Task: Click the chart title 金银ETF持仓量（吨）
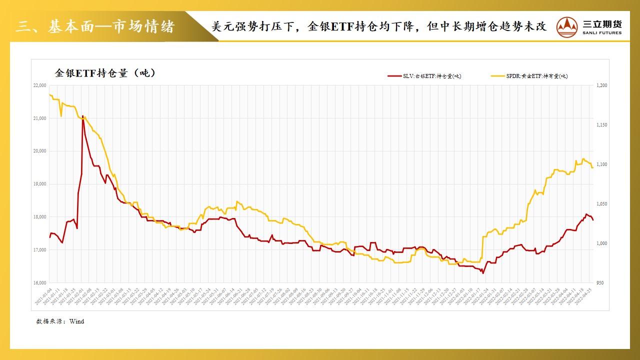(x=105, y=73)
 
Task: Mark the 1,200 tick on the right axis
(x=601, y=85)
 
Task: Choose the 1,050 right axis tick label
(x=601, y=204)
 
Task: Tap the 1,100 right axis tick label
(x=601, y=164)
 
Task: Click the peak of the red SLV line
(x=82, y=116)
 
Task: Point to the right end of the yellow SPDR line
(x=593, y=167)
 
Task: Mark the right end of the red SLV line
(x=593, y=220)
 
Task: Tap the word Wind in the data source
(x=77, y=321)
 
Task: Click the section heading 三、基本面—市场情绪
(x=95, y=26)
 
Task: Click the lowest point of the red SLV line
(x=482, y=273)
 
